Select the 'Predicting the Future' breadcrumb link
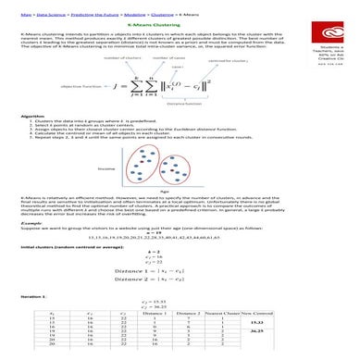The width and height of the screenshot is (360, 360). (76, 12)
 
